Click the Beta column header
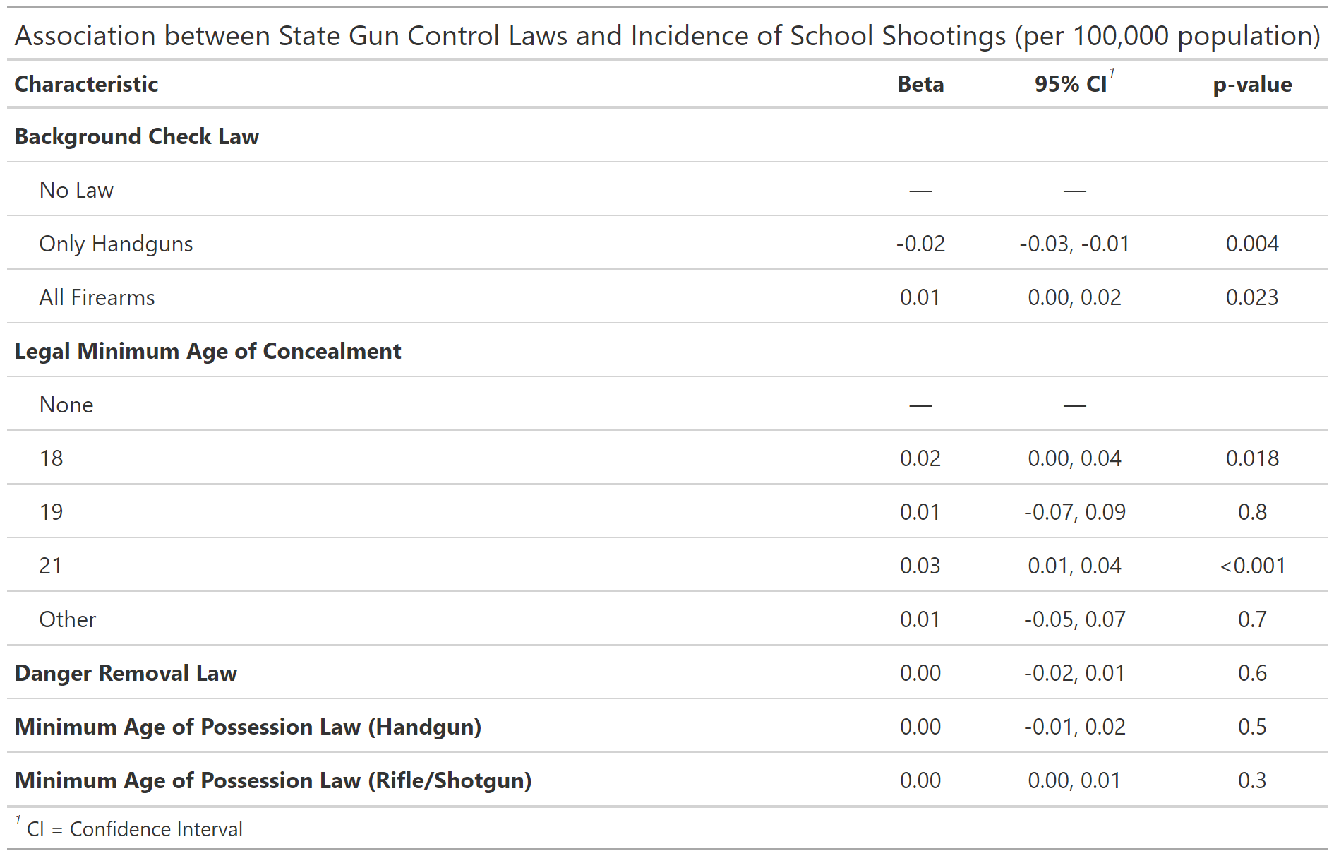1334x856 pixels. pos(920,84)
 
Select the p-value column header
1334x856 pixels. pos(1251,84)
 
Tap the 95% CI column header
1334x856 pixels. pos(1071,84)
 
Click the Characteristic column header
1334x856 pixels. pos(86,84)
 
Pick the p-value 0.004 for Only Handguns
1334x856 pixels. pos(1251,244)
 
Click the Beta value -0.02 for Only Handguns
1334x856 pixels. pos(920,244)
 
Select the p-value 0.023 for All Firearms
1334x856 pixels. pos(1251,297)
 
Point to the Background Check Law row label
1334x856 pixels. pos(137,136)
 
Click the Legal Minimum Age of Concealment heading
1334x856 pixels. pos(208,351)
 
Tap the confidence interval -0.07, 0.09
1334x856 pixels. pos(1074,512)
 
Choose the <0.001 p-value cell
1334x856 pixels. pos(1251,566)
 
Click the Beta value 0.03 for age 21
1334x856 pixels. pos(920,566)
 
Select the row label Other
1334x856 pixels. pos(67,619)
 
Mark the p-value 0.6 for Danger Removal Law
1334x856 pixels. pos(1251,673)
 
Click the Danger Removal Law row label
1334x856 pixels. pos(126,673)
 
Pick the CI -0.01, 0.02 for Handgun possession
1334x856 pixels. pos(1074,727)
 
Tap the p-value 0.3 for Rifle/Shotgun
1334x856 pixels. pos(1251,780)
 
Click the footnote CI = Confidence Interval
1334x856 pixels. pos(134,829)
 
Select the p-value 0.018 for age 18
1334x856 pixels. pos(1251,458)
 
